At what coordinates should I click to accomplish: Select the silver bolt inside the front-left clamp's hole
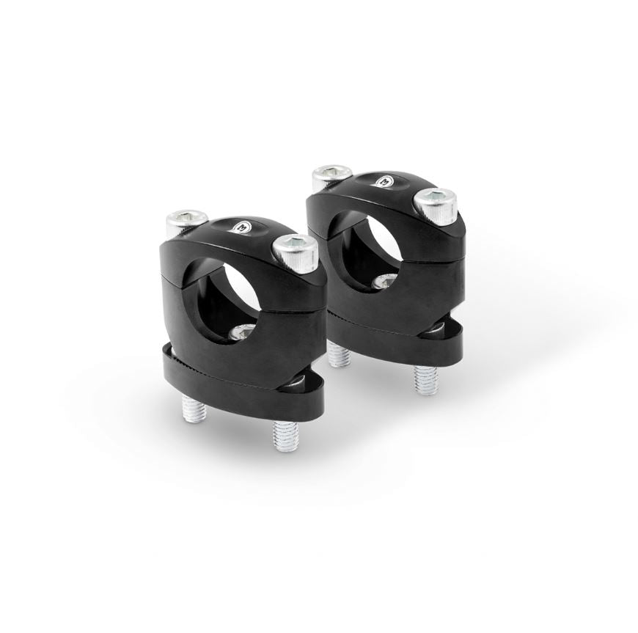(x=241, y=334)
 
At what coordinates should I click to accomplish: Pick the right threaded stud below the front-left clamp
(x=283, y=433)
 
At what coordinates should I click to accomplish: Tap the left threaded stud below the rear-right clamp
(x=338, y=355)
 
